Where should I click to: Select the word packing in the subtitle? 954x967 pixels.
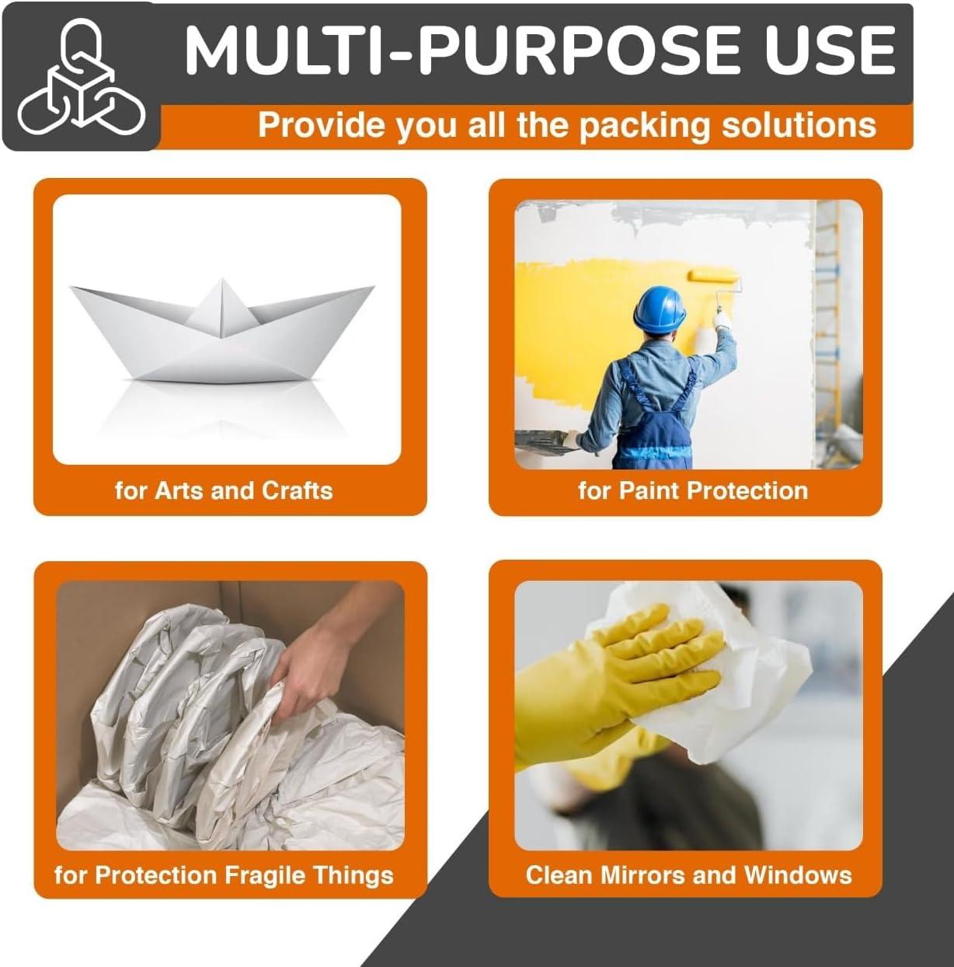[644, 125]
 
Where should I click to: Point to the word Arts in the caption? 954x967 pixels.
[179, 490]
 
